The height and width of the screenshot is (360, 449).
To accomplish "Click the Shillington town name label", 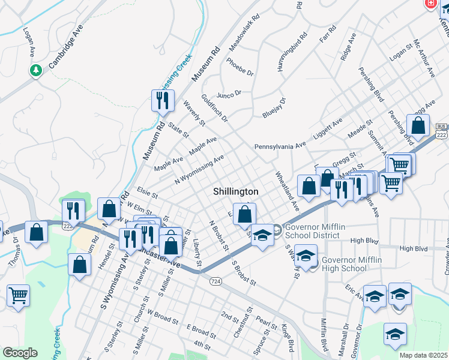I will pos(236,191).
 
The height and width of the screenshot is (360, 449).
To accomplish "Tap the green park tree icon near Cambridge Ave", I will pos(36,71).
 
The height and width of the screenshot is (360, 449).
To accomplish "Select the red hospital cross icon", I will pos(430,4).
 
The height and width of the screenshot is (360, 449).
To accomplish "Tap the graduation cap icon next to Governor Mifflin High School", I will pos(306,256).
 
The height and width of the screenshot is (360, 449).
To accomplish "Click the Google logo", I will pos(20,353).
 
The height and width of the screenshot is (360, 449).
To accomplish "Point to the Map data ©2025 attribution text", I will pos(423,355).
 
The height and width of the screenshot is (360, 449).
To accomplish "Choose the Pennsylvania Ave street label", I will pos(280,146).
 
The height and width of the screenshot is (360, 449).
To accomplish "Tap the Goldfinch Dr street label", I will pos(214,108).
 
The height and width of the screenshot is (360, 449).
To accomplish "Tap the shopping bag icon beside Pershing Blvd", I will pos(418,127).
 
